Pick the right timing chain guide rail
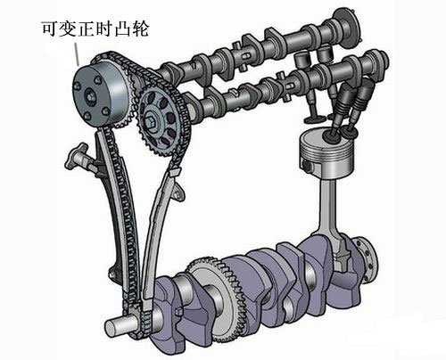161,223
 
